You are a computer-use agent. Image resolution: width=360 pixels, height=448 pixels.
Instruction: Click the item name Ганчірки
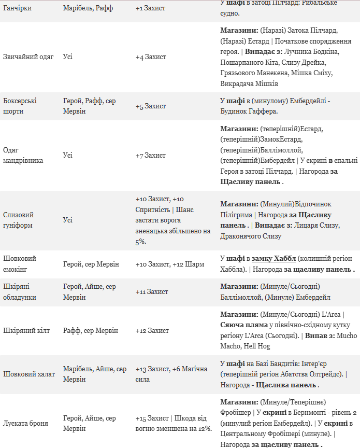(17, 8)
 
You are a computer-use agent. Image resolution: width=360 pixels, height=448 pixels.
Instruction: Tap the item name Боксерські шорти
(20, 106)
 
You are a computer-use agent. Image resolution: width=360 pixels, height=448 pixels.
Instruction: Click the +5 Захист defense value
(151, 106)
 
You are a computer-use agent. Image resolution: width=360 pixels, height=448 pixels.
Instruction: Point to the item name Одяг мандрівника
(23, 155)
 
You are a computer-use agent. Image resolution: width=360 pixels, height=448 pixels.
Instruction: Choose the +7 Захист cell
(151, 156)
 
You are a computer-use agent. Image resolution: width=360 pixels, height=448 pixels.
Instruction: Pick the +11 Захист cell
(152, 292)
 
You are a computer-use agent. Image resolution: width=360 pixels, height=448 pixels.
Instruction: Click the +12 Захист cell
(152, 331)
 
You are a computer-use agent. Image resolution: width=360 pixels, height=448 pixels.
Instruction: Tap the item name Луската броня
(25, 423)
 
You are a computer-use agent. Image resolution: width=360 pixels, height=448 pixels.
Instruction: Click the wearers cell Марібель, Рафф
(88, 8)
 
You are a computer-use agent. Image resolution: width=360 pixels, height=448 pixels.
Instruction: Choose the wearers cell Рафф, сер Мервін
(91, 331)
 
